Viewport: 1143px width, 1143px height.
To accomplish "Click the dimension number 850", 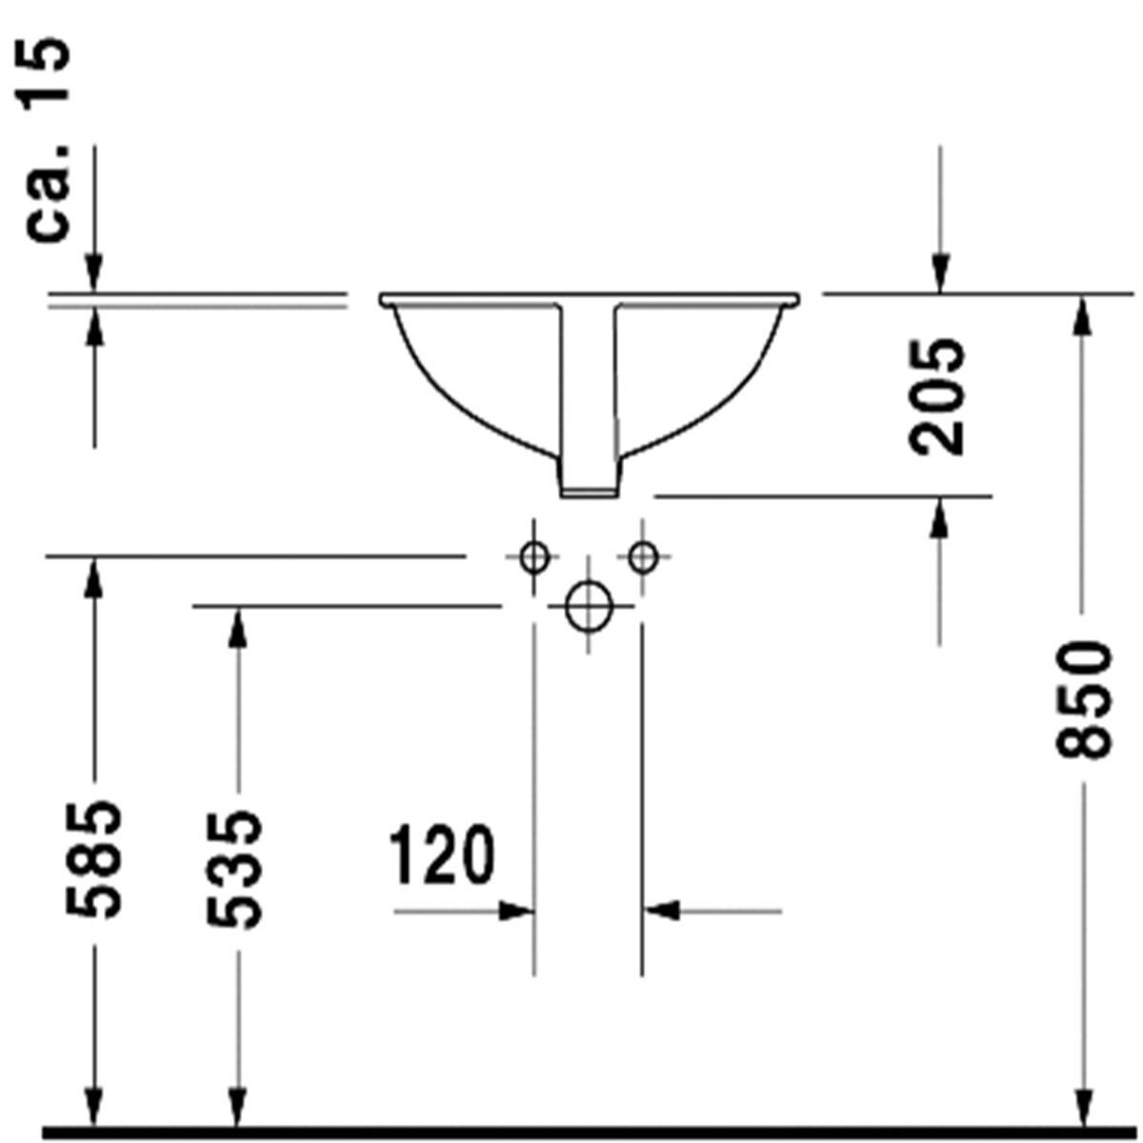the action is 1083,699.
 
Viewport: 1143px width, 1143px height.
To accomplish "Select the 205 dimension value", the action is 936,397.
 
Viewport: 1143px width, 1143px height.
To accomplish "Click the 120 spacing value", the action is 441,854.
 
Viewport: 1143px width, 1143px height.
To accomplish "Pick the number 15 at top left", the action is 46,73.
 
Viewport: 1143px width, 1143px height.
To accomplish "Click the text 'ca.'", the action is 48,194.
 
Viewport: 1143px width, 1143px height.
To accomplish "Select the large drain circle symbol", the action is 589,607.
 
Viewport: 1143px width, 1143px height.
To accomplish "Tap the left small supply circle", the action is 533,557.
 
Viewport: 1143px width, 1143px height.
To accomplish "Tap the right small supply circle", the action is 643,557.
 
